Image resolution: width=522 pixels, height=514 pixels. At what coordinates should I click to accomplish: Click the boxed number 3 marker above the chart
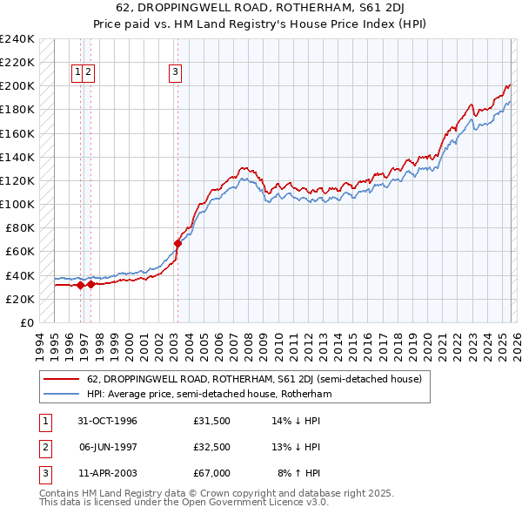(176, 72)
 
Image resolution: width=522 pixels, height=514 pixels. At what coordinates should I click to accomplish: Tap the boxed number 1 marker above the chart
(78, 72)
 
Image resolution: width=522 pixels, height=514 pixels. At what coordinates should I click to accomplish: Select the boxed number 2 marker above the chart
(89, 72)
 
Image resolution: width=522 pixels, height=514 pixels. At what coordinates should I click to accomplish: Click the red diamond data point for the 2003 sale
(177, 244)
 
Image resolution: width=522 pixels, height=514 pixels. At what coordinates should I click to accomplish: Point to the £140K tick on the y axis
(17, 157)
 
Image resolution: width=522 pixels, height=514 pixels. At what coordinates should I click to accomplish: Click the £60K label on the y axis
(19, 251)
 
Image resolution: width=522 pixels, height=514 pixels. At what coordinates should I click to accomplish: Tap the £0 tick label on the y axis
(26, 322)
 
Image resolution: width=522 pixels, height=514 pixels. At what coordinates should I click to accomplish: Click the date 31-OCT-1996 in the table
(107, 421)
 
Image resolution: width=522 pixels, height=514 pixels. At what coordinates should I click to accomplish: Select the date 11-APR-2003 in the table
(107, 473)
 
